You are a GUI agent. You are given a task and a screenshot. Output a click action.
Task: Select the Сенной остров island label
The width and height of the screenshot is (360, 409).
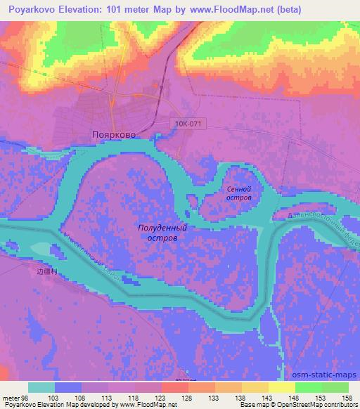tap(239, 193)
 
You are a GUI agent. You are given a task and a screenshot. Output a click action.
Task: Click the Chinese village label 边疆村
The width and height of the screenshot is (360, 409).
tap(45, 270)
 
